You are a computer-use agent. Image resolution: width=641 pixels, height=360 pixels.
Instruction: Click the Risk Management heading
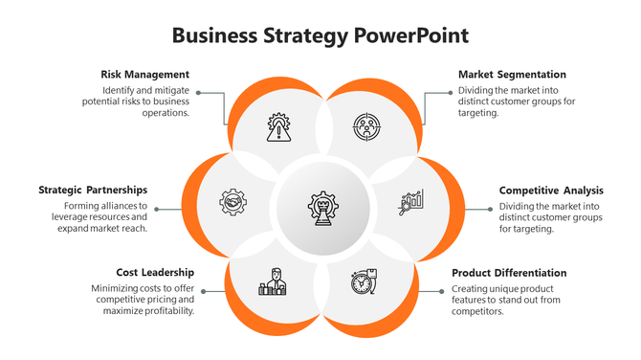click(x=144, y=74)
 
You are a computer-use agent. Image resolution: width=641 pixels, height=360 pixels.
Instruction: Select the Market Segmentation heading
click(x=512, y=74)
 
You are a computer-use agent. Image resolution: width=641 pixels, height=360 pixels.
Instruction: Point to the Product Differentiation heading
click(x=509, y=272)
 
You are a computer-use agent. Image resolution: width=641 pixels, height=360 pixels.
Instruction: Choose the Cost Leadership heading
click(x=155, y=272)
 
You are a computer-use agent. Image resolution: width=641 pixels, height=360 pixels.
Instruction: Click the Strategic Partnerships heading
click(x=93, y=190)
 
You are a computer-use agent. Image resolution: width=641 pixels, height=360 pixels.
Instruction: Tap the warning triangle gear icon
click(x=278, y=127)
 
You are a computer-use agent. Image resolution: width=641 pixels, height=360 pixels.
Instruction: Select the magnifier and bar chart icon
click(x=412, y=202)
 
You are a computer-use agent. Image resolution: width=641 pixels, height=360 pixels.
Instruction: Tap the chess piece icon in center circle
click(x=320, y=206)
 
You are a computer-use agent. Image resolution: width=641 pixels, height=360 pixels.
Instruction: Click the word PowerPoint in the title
click(x=410, y=36)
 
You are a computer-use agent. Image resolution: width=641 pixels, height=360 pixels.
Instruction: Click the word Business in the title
click(x=211, y=36)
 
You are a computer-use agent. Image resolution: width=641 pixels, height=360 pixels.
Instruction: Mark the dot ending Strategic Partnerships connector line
click(x=157, y=209)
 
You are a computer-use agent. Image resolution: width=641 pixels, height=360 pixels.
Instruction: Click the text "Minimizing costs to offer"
click(x=143, y=288)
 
